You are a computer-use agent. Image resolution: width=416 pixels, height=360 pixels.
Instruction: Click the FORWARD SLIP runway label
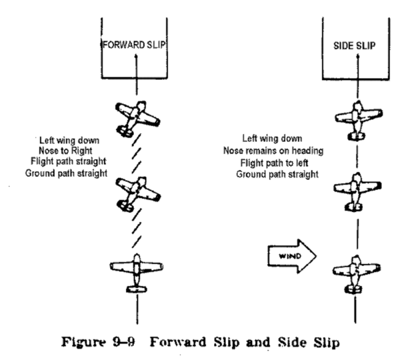(137, 47)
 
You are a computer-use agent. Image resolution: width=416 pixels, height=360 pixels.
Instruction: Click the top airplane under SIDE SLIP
(358, 120)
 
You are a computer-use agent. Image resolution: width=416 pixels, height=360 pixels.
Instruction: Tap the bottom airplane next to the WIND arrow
(358, 274)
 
